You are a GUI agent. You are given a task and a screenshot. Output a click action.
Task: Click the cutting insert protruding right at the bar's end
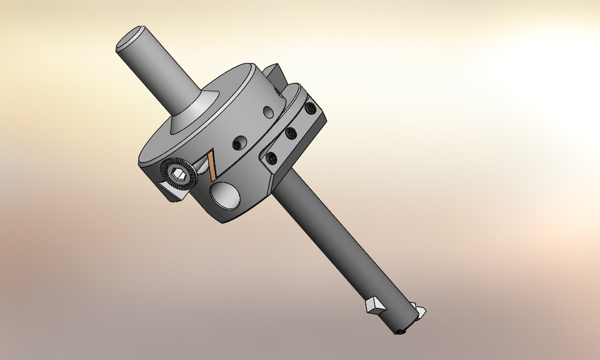(418, 310)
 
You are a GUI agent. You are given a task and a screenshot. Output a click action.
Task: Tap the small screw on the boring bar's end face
(401, 331)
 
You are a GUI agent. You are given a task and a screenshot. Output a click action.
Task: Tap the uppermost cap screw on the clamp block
(310, 110)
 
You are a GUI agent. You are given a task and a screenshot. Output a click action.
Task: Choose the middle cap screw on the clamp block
(290, 132)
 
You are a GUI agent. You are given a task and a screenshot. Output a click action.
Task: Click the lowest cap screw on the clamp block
(271, 157)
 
